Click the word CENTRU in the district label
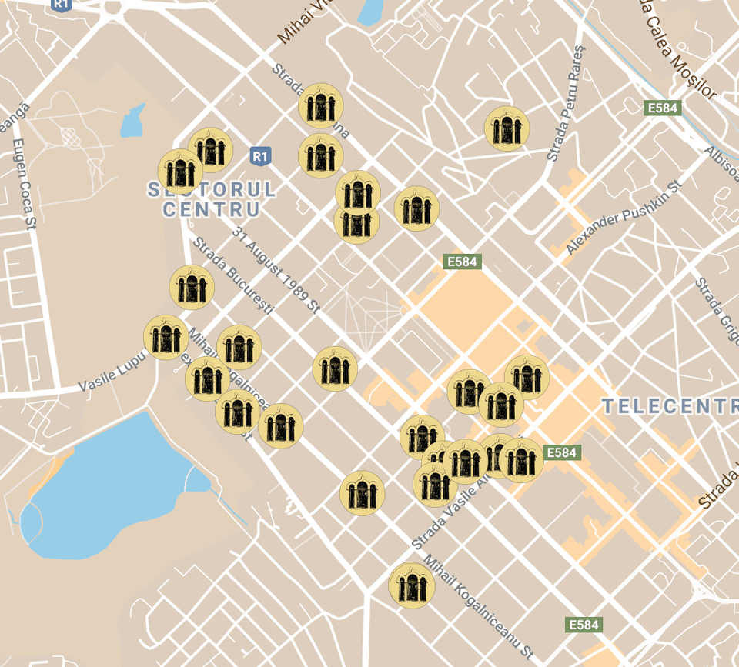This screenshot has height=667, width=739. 210,208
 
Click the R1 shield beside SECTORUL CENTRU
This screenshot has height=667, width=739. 261,156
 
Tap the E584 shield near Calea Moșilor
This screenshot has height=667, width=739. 662,108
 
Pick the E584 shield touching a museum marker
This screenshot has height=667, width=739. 561,452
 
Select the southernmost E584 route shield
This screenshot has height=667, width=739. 583,625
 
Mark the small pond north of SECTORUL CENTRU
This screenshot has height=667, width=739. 132,122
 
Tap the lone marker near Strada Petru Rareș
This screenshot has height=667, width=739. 507,128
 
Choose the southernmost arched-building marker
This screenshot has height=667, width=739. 412,585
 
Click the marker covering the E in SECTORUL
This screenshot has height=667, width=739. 180,172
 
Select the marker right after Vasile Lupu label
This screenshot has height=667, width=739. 166,338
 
